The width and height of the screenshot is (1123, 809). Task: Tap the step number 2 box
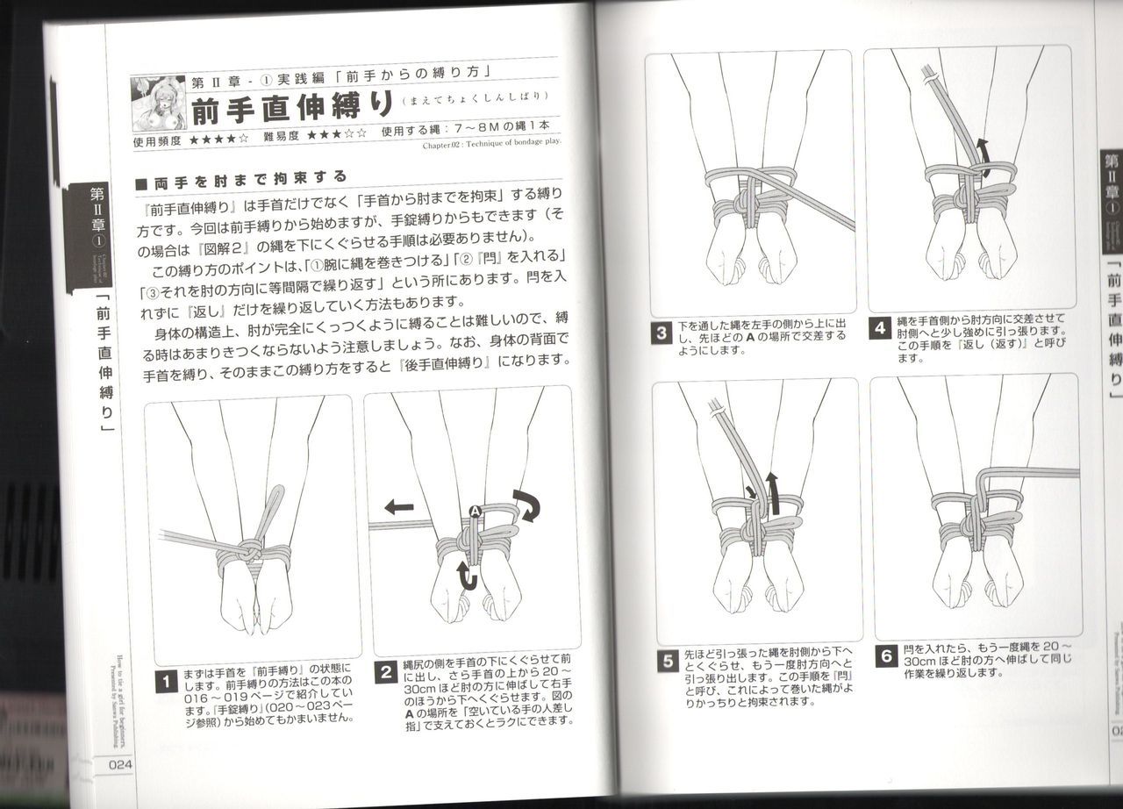click(385, 673)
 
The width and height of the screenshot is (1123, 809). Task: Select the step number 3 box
click(662, 333)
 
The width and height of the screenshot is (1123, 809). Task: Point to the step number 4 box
click(880, 328)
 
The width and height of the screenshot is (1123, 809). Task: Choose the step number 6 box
click(885, 655)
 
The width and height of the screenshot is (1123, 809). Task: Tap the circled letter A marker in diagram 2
click(475, 511)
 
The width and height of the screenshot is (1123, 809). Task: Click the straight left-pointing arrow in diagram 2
click(398, 506)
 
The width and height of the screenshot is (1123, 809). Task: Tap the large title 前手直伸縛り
click(290, 108)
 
